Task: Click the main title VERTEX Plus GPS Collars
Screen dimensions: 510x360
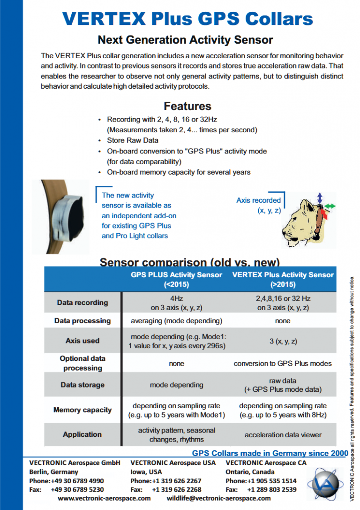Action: (x=187, y=18)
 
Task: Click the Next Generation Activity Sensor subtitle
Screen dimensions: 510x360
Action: (x=185, y=39)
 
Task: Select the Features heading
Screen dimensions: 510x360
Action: (x=187, y=106)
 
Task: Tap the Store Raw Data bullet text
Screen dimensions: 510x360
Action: (x=133, y=140)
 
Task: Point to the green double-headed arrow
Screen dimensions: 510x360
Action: (x=330, y=206)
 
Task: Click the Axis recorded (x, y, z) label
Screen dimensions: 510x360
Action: (x=259, y=206)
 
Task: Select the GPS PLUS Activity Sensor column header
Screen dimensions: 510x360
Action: (x=176, y=279)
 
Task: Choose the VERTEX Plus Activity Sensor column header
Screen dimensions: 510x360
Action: (x=283, y=279)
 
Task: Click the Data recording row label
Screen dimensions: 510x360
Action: (x=82, y=303)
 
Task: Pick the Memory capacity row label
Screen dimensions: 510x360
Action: (x=82, y=410)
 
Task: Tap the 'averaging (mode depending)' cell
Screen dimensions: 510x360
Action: (x=176, y=321)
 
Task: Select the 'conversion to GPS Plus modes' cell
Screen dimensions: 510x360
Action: (x=283, y=363)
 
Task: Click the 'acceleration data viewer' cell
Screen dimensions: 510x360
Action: (x=283, y=435)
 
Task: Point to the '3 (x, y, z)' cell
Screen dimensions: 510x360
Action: (x=283, y=341)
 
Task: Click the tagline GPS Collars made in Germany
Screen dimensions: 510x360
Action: (x=270, y=453)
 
